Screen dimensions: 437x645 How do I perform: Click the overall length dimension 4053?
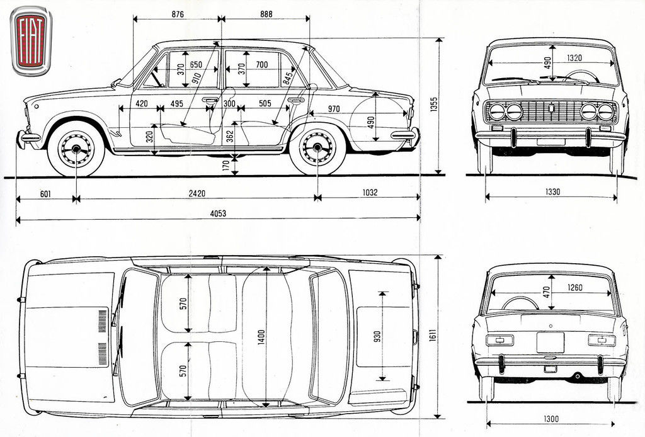(x=218, y=213)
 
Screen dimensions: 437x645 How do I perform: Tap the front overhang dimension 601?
(x=45, y=193)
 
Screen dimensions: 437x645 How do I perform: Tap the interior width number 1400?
(x=261, y=337)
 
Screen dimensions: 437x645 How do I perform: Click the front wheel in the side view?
(x=76, y=149)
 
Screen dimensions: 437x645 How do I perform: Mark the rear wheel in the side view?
(x=317, y=148)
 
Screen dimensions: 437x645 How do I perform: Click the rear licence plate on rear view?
(x=550, y=342)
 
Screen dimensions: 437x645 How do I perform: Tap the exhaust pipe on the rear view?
(x=576, y=376)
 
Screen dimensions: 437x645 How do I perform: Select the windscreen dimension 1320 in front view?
(x=573, y=58)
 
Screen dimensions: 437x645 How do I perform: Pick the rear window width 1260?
(x=574, y=288)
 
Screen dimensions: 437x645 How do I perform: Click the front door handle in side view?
(x=210, y=99)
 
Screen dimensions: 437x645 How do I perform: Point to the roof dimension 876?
(x=177, y=14)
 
